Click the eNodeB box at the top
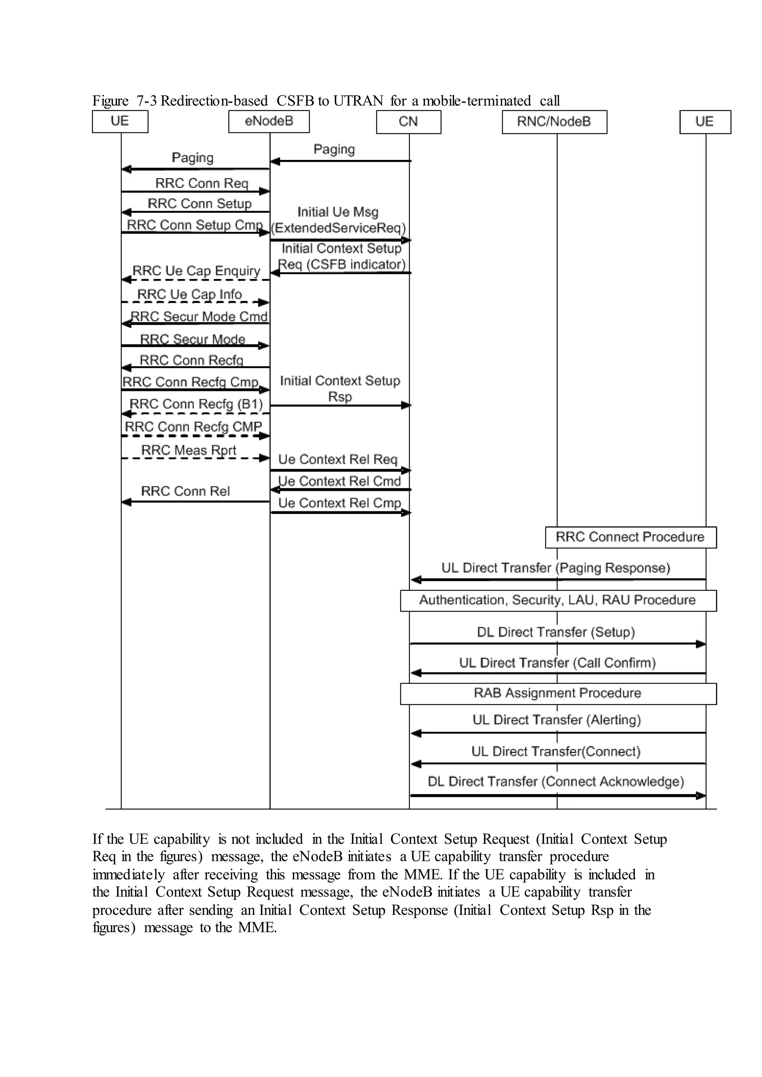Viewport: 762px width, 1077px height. (269, 122)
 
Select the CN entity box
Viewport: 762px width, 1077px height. (408, 122)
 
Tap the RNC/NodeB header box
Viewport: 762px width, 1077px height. (554, 122)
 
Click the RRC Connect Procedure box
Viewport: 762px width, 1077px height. (630, 537)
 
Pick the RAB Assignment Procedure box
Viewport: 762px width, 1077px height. (557, 693)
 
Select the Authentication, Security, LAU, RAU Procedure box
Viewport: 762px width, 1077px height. (557, 600)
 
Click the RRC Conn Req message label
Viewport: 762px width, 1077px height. (202, 183)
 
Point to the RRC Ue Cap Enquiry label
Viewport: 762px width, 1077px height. (196, 271)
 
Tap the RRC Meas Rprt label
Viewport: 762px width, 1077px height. (189, 450)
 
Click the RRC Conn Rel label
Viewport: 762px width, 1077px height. (185, 491)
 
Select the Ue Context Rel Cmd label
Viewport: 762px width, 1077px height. (340, 481)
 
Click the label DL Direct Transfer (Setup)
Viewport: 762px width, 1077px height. (556, 632)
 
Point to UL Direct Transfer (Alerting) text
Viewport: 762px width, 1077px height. (557, 720)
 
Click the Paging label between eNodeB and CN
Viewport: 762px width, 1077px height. (334, 149)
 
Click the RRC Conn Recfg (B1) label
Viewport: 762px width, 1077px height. (196, 404)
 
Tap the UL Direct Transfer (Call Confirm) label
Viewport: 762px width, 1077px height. (557, 663)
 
